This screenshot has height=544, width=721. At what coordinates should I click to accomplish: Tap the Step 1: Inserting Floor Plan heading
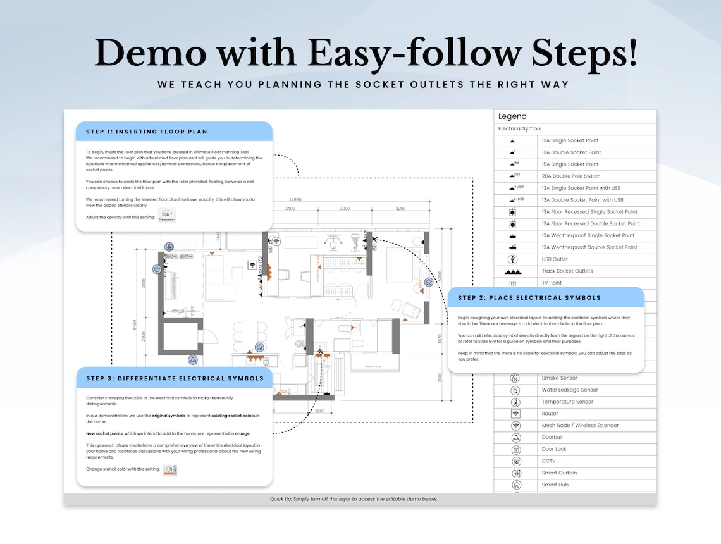pyautogui.click(x=146, y=132)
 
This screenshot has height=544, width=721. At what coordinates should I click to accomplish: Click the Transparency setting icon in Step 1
pyautogui.click(x=167, y=216)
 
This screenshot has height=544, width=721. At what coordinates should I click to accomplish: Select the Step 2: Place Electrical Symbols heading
pyautogui.click(x=529, y=297)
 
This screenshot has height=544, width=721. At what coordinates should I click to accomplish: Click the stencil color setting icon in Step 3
pyautogui.click(x=169, y=470)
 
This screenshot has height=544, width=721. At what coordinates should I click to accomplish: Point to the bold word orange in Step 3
pyautogui.click(x=242, y=433)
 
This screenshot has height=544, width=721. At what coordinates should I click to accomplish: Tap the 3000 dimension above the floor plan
pyautogui.click(x=345, y=209)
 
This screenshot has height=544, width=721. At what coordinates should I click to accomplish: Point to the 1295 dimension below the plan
pyautogui.click(x=319, y=411)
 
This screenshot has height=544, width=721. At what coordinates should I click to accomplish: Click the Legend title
pyautogui.click(x=512, y=116)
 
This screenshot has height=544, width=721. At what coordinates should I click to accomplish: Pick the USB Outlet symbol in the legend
pyautogui.click(x=513, y=259)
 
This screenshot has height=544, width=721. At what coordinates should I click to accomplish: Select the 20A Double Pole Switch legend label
pyautogui.click(x=570, y=176)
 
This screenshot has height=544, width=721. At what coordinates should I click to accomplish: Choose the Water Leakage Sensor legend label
pyautogui.click(x=569, y=390)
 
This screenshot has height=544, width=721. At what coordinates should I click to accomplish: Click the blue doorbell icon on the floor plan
pyautogui.click(x=193, y=360)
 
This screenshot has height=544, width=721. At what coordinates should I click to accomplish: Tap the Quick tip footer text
pyautogui.click(x=360, y=499)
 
